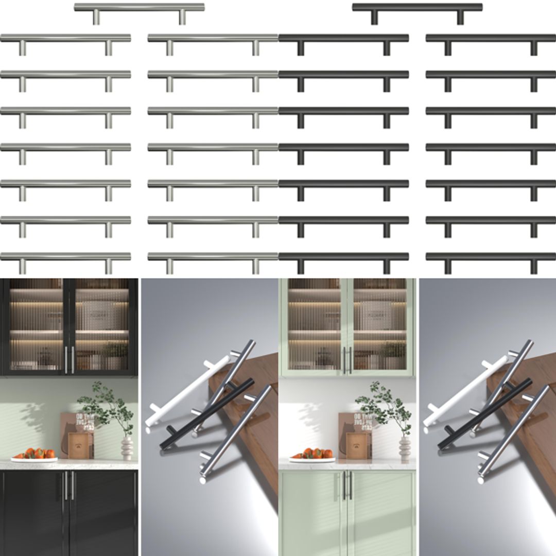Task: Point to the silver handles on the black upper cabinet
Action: (x=69, y=359)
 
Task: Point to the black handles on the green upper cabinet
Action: (x=347, y=359)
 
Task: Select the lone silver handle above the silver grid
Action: (x=139, y=7)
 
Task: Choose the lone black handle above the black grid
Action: (x=417, y=7)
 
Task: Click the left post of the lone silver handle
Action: (x=96, y=18)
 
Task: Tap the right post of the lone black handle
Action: (x=460, y=18)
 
